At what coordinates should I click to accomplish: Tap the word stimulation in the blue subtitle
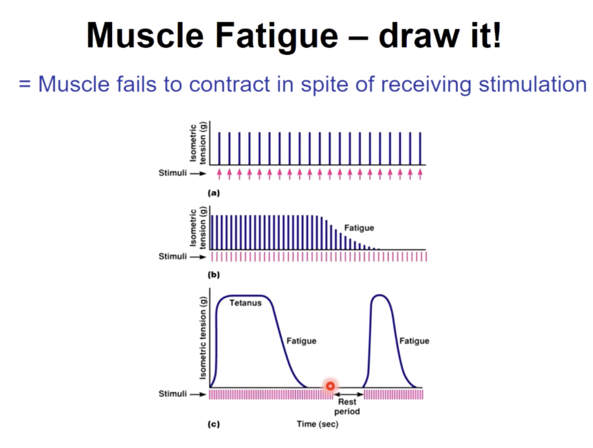pyautogui.click(x=532, y=84)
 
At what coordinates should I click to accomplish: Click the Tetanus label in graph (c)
pyautogui.click(x=245, y=303)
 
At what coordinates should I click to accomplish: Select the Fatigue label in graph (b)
pyautogui.click(x=359, y=228)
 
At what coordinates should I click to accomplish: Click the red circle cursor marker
pyautogui.click(x=330, y=386)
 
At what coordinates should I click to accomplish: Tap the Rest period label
pyautogui.click(x=347, y=407)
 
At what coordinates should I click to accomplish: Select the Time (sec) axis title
pyautogui.click(x=317, y=424)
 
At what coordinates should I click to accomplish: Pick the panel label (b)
pyautogui.click(x=213, y=274)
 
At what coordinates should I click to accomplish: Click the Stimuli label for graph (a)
pyautogui.click(x=172, y=174)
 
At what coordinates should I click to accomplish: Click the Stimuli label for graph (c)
pyautogui.click(x=172, y=394)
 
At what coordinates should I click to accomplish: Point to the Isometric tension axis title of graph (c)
pyautogui.click(x=203, y=338)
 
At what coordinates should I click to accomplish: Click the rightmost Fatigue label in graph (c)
pyautogui.click(x=414, y=340)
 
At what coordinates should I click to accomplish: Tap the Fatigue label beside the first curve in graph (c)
pyautogui.click(x=301, y=340)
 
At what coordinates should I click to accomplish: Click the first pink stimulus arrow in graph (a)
pyautogui.click(x=219, y=174)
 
